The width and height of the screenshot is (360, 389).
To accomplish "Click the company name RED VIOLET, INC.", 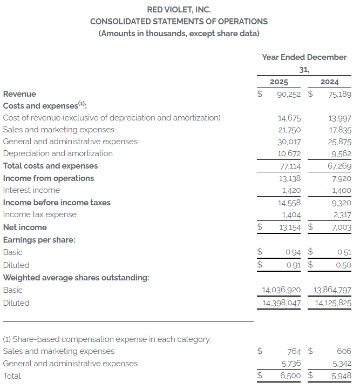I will [x=179, y=9].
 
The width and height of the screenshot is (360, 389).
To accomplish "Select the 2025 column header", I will [x=279, y=82].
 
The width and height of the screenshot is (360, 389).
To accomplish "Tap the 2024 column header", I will [x=329, y=82].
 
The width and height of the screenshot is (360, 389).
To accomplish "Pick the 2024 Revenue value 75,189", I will [x=336, y=94].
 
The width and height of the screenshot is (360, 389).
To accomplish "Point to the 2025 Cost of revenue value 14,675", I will [x=289, y=118].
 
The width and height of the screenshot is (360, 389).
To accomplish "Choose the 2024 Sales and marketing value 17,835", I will [x=339, y=130].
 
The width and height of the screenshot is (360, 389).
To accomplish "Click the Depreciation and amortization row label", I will [x=58, y=153].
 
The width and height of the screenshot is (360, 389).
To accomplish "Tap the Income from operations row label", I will [x=49, y=178].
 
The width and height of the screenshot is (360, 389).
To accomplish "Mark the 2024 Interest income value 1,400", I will [x=341, y=190].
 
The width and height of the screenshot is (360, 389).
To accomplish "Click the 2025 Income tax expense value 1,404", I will [x=291, y=214].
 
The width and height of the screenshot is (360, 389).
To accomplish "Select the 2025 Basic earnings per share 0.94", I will [x=293, y=252].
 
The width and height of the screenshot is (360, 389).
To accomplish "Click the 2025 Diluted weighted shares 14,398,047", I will [x=281, y=303].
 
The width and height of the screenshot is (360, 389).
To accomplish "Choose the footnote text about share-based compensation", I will [x=107, y=339].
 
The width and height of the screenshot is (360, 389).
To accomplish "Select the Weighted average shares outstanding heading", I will [x=76, y=278].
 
